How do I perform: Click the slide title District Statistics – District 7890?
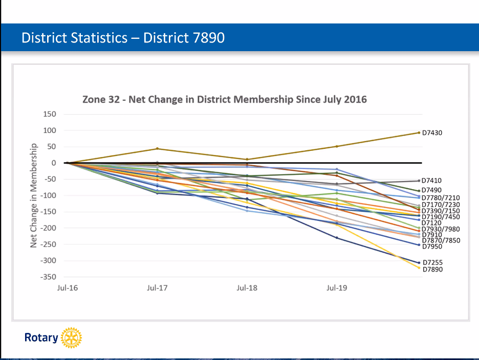point(123,38)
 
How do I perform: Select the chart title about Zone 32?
point(225,99)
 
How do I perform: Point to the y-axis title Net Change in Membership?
point(34,196)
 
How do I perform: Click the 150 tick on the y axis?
point(50,114)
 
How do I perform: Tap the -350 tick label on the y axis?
point(48,277)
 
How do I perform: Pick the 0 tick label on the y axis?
point(53,163)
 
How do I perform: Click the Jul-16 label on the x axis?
point(67,288)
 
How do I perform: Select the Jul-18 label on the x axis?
point(247,288)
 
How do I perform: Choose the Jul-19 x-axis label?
point(336,288)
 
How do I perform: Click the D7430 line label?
point(432,133)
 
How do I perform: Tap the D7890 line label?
point(432,269)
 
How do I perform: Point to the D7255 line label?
point(432,262)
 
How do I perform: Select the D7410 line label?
point(432,181)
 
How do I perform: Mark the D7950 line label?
point(432,246)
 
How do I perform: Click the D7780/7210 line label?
point(440,198)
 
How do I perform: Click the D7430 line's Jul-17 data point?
point(157,149)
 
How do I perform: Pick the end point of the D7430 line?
point(419,133)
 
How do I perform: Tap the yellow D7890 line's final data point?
point(419,268)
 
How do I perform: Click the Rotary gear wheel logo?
point(71,337)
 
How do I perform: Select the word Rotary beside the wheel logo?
point(41,338)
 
